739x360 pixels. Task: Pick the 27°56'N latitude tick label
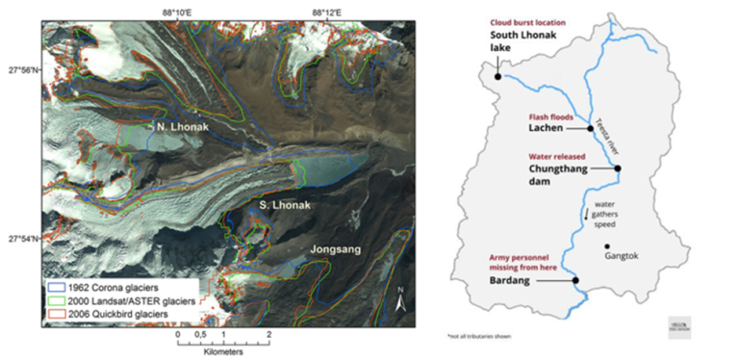click(21, 69)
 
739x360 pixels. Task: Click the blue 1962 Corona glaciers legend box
click(55, 286)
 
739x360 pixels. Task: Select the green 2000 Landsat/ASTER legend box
click(55, 299)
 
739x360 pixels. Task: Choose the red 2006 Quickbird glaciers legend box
click(55, 313)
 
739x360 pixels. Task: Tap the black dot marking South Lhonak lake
click(497, 74)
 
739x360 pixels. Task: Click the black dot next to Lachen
click(590, 127)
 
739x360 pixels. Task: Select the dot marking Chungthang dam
click(618, 167)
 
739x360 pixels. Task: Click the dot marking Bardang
click(575, 280)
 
